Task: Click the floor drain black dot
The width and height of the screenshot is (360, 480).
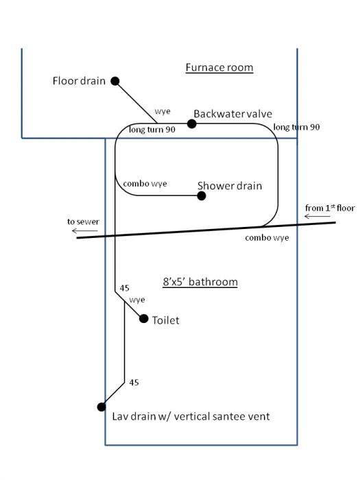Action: coord(115,81)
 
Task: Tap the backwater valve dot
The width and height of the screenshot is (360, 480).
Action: coord(191,123)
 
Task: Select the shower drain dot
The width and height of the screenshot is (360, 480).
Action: coord(202,196)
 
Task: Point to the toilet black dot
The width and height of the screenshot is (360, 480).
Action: coord(143,319)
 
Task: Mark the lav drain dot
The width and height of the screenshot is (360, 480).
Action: coord(101,407)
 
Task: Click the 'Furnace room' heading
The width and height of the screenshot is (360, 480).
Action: coord(219,67)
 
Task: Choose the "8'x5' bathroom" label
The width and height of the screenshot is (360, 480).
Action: coord(200,282)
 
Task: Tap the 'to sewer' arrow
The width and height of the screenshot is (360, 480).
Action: coord(85,231)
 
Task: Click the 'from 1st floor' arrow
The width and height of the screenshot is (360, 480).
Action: coord(317,217)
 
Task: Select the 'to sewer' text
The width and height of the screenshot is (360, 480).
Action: coord(83,221)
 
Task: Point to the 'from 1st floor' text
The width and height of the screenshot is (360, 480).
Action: coord(330,208)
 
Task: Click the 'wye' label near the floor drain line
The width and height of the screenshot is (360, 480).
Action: coord(163,111)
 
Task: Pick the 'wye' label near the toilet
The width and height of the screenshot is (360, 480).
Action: coord(137,300)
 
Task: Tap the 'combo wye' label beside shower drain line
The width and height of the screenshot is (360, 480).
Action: coord(145,184)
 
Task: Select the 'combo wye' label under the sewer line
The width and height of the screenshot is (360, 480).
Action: coord(267,237)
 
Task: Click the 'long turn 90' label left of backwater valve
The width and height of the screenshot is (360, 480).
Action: coord(152,130)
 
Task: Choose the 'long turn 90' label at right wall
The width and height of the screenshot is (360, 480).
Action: coord(296,127)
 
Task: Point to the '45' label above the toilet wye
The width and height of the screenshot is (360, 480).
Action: coord(124,288)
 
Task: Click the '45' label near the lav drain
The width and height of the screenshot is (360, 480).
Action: coord(134,383)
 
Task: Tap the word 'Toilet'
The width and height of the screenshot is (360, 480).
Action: coord(166,320)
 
